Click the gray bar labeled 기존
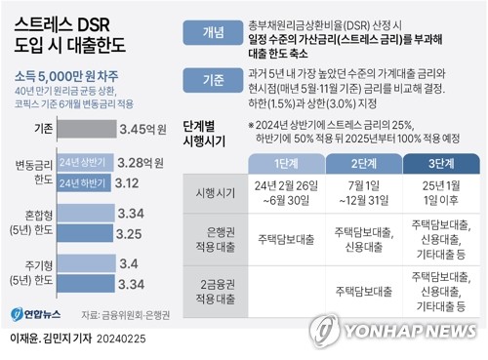pos(84,128)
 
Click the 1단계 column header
pos(284,164)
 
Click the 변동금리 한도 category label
pos(32,172)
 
